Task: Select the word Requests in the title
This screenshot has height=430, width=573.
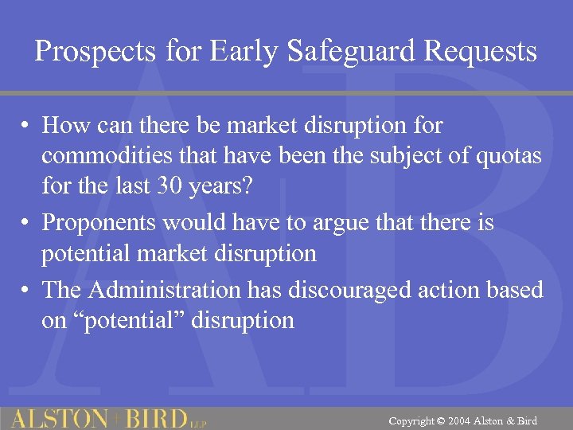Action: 481,53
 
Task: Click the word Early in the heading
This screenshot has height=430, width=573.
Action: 242,53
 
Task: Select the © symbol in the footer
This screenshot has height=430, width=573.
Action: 440,420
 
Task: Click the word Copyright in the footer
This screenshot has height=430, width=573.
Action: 411,420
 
